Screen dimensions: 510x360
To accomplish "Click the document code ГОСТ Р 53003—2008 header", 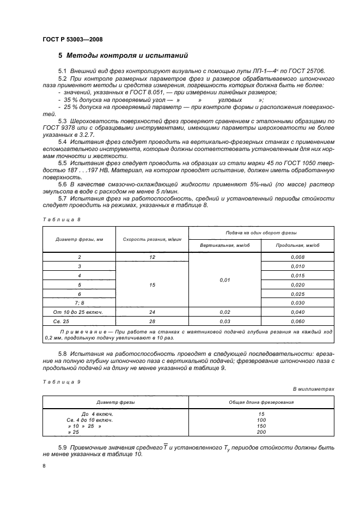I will coord(72,39).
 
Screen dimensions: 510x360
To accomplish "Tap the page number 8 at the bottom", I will coord(44,466).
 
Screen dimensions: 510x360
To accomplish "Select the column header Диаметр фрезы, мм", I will coord(80,239).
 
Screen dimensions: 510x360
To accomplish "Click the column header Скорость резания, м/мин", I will coord(152,239).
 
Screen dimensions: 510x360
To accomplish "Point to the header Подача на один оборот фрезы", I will coord(261,233).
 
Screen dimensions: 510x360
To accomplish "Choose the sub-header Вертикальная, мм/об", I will coord(224,245).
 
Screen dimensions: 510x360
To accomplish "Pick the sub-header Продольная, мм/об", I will coord(297,245).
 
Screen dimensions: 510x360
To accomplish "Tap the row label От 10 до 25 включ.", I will coord(80,312).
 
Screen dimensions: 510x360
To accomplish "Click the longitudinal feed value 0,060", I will coord(297,321).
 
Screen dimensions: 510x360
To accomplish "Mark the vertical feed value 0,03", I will coord(224,321).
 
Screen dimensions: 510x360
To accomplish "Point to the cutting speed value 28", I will coord(152,321).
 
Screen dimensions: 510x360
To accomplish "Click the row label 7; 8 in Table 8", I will coord(80,302).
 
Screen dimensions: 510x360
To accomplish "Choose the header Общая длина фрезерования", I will coord(261,402).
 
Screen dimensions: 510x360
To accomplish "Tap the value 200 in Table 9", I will coord(261,432).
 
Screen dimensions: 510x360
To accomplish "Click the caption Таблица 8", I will coord(61,220).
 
